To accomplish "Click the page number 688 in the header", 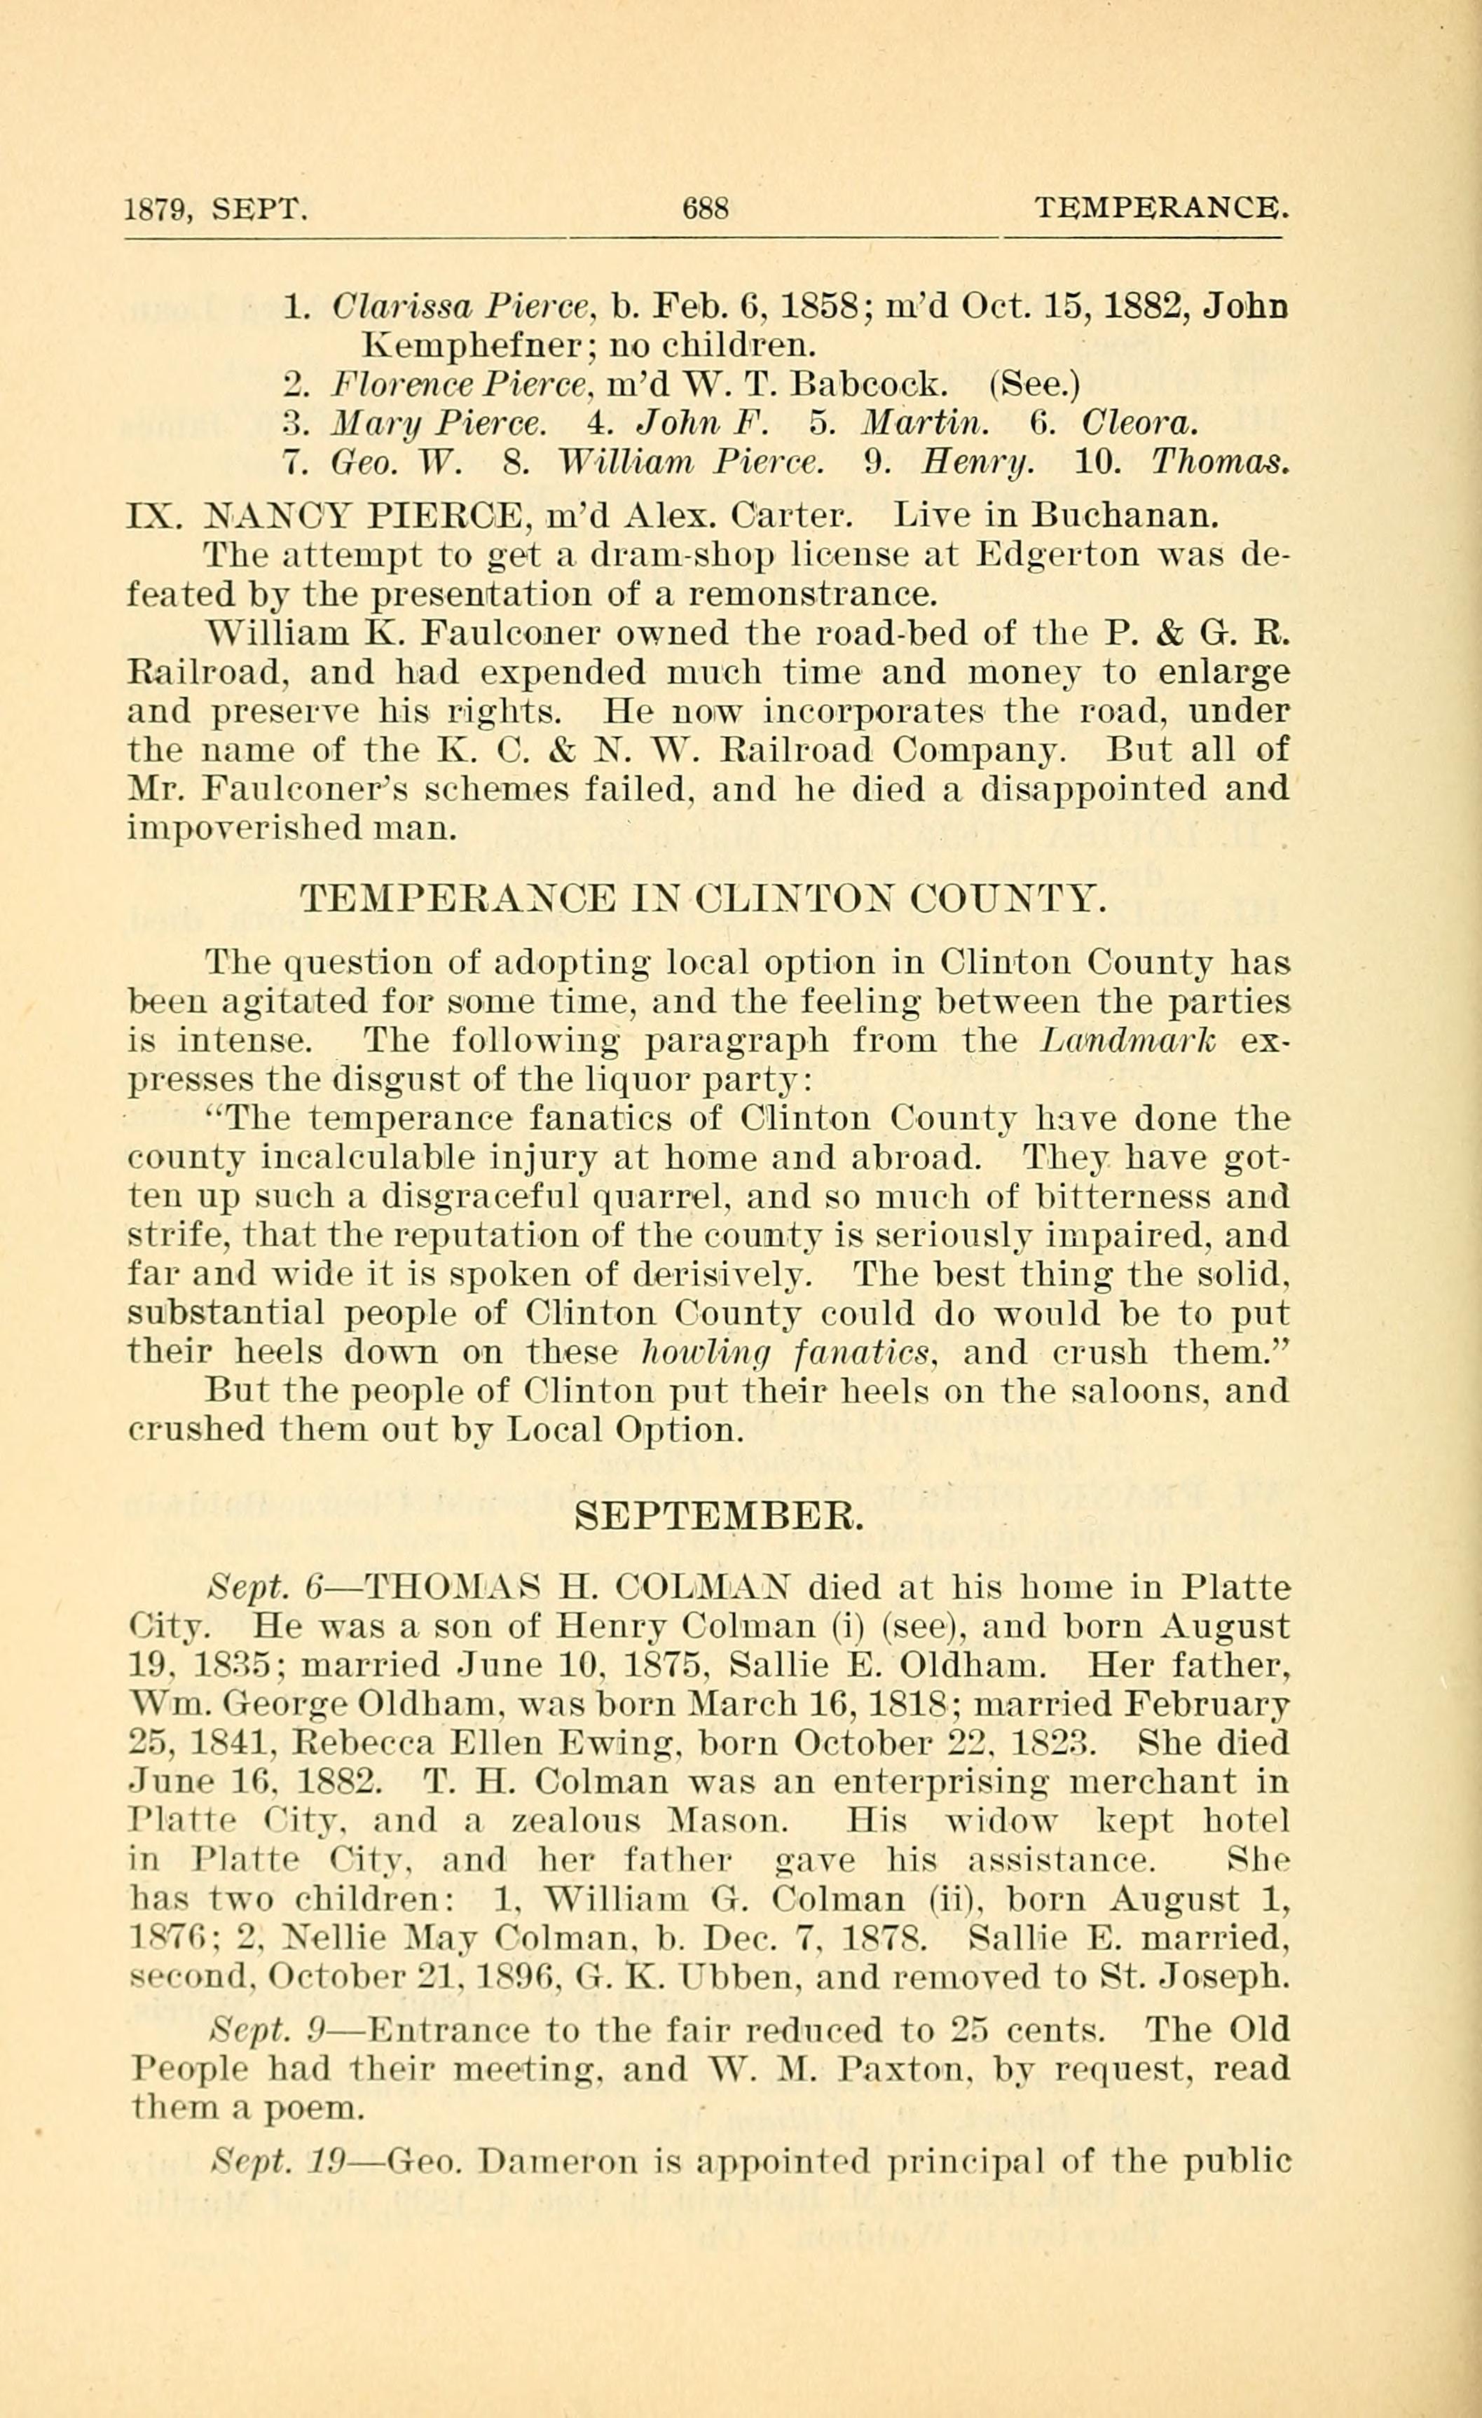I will pos(705,209).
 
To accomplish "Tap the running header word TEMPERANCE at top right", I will pos(1158,208).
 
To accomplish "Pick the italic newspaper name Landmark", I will pos(1127,1040).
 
